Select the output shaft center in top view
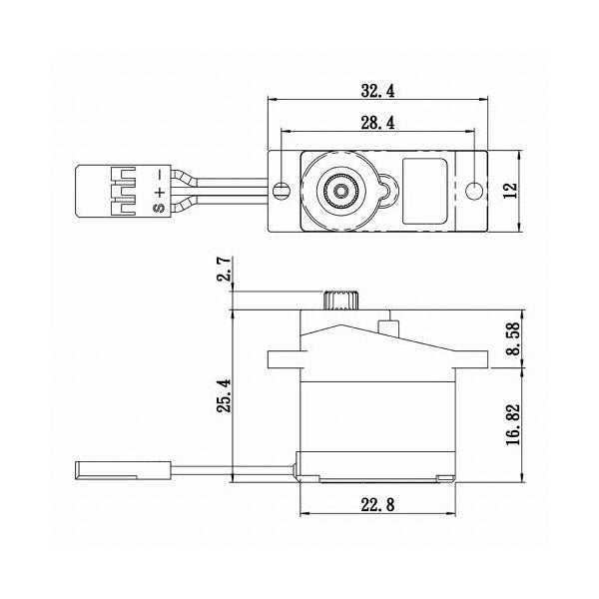click(x=342, y=188)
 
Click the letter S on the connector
click(x=156, y=210)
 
